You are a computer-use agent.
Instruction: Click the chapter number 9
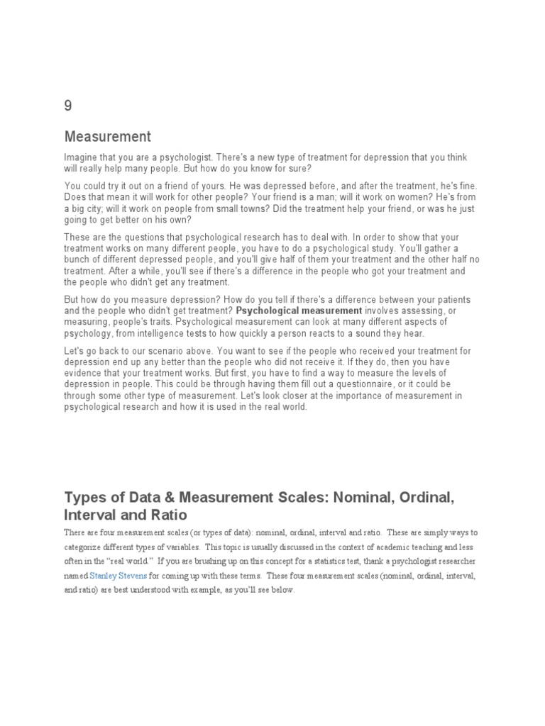pyautogui.click(x=68, y=106)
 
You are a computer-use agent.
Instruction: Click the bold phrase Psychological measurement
pyautogui.click(x=299, y=311)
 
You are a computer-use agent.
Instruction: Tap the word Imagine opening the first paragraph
pyautogui.click(x=82, y=157)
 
